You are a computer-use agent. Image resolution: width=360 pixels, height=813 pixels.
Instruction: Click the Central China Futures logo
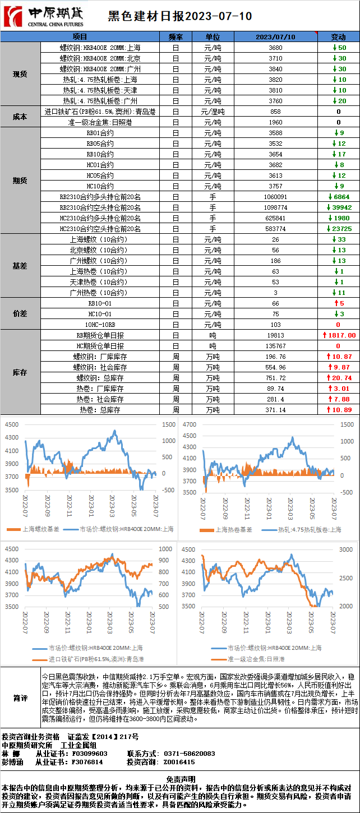43,16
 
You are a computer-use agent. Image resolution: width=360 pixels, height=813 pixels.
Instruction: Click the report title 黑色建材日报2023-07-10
179,16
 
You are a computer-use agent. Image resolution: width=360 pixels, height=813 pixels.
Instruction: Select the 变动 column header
338,37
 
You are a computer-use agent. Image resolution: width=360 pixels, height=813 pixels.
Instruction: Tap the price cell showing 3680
275,48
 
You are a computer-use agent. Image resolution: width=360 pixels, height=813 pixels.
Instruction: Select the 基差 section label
20,266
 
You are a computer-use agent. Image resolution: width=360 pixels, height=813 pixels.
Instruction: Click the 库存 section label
20,372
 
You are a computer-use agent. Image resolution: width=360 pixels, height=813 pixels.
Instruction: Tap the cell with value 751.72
275,378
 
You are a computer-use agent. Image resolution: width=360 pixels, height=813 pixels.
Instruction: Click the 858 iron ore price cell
275,112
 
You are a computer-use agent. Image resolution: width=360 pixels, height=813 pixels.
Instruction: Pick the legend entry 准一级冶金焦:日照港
255,659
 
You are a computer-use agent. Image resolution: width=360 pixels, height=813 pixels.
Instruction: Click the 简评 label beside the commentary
20,698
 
